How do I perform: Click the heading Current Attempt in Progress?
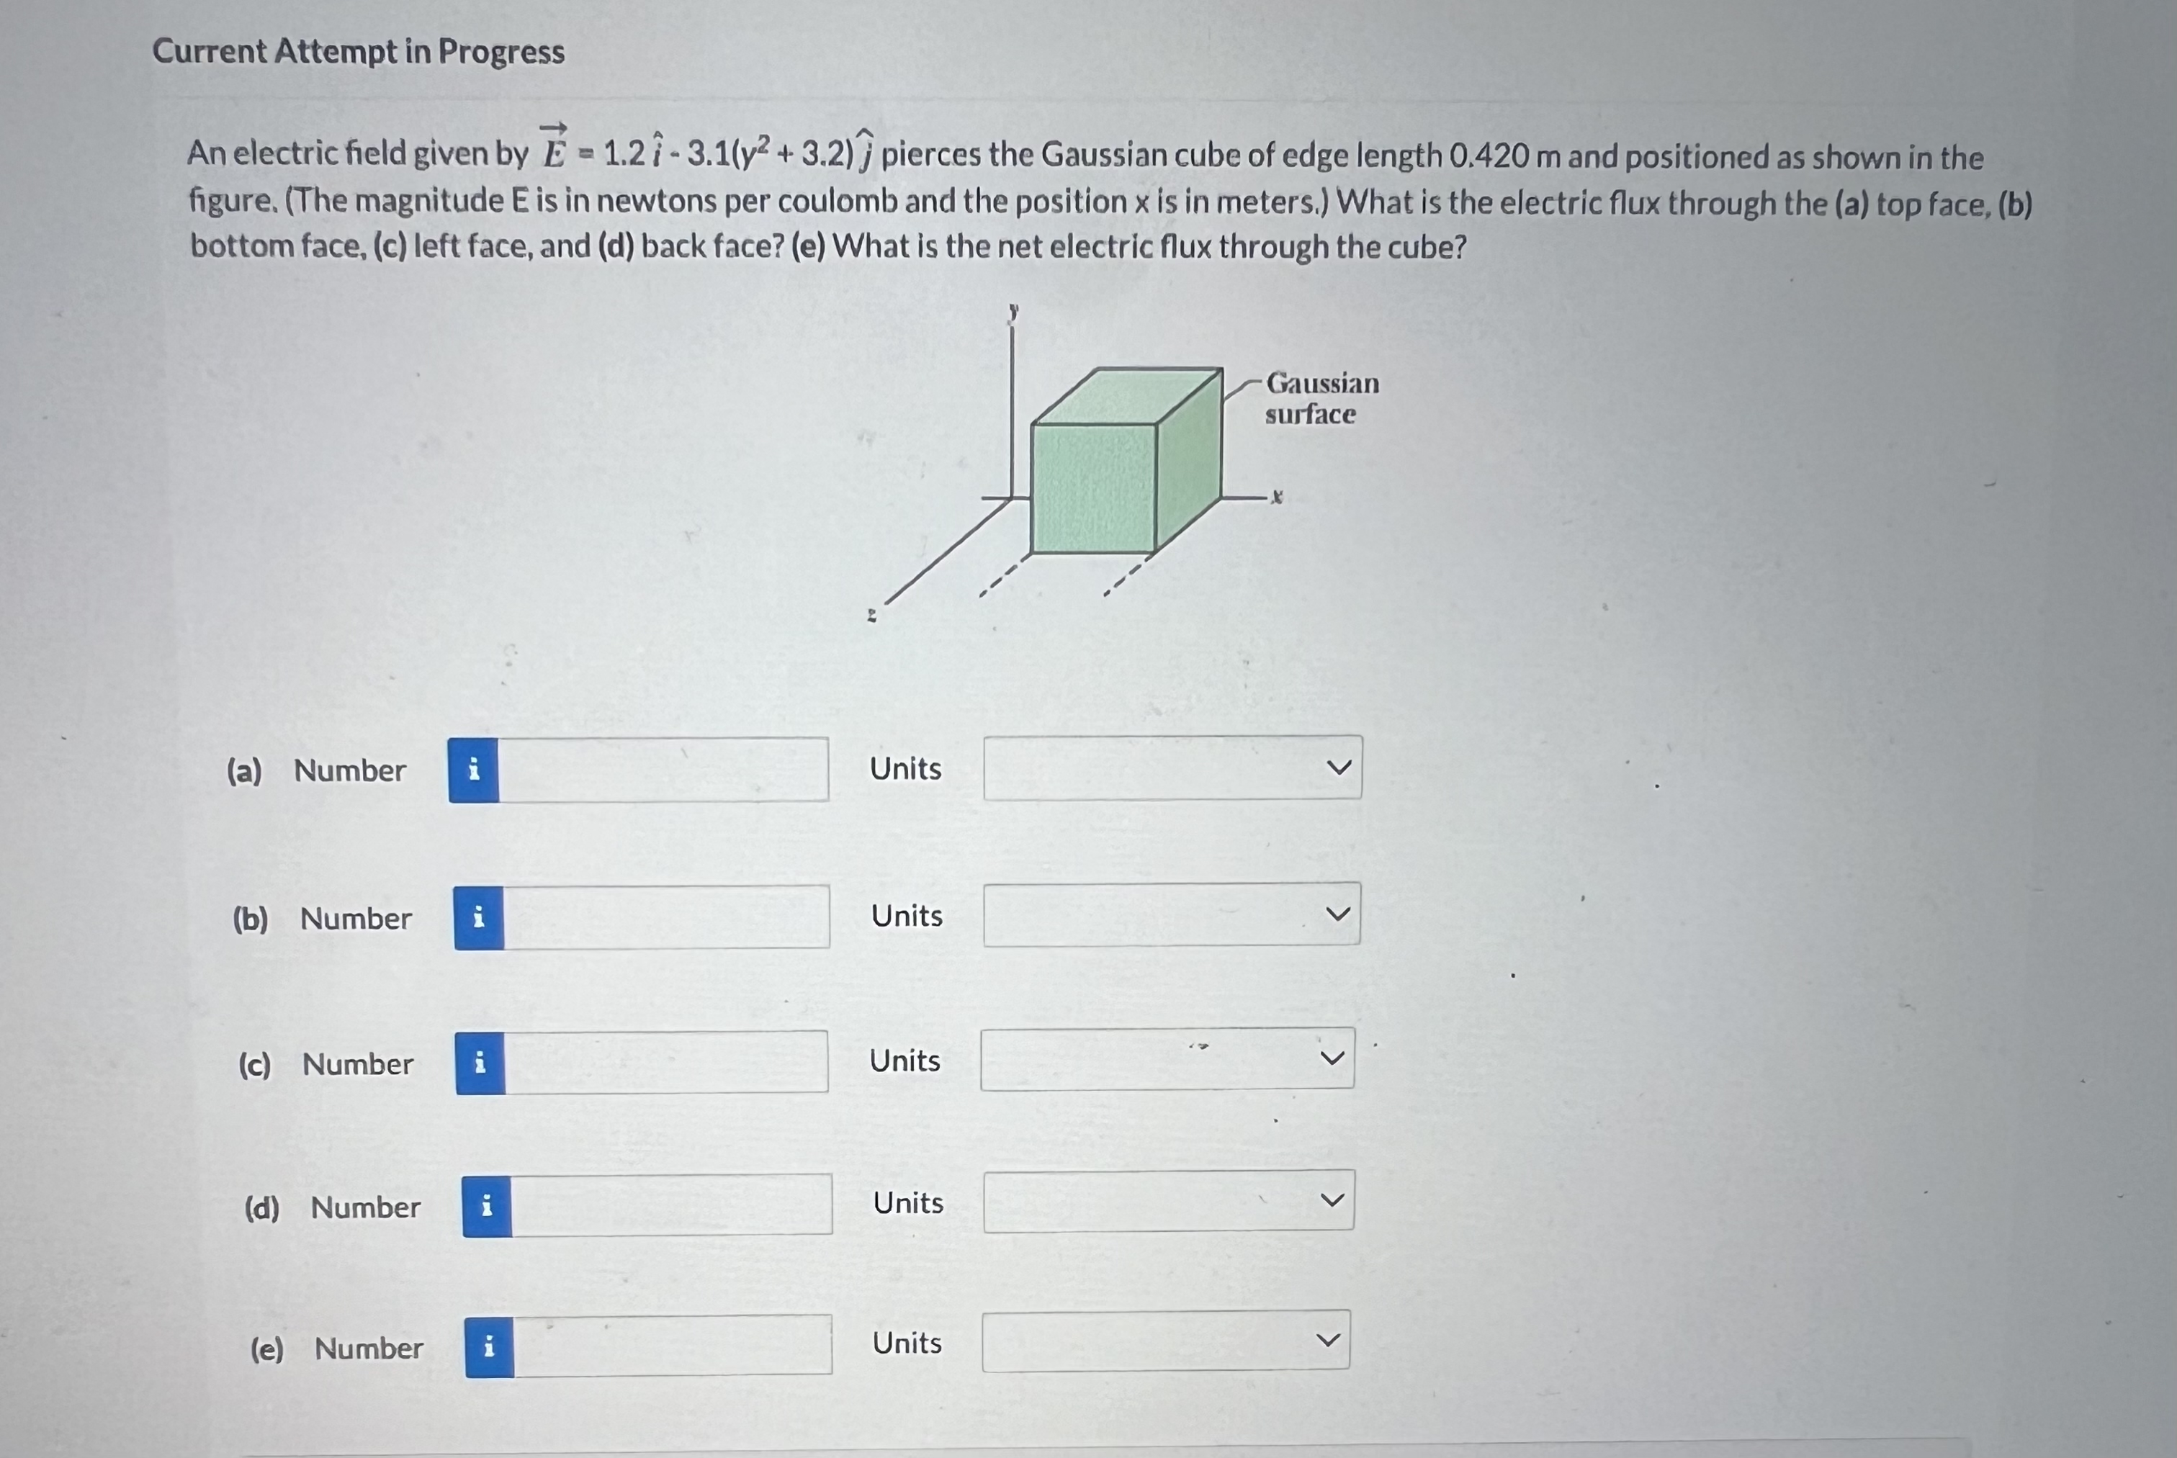358,51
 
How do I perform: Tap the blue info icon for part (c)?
480,1063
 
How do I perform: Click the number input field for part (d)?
670,1205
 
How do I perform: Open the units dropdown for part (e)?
1165,1341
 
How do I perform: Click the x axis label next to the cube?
1277,498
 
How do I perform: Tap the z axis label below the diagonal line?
871,615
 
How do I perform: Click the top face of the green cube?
1128,397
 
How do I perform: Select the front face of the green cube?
1094,488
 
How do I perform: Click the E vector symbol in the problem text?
555,149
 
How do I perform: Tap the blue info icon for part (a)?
473,770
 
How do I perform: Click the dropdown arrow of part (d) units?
1332,1200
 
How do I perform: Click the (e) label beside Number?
267,1349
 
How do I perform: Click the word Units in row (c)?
905,1061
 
